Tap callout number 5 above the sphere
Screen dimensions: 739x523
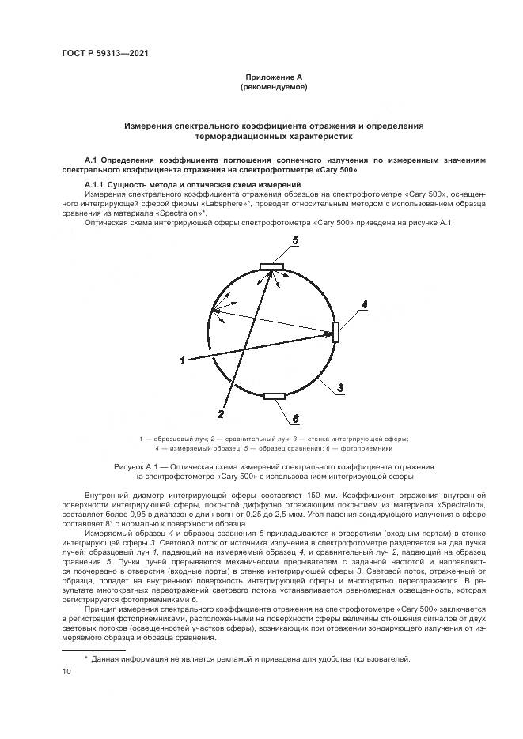294,240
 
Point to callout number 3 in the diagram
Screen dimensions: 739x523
339,387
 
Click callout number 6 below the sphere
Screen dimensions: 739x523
295,417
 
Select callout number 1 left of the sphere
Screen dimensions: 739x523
183,361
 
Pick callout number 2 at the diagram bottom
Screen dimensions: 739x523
222,413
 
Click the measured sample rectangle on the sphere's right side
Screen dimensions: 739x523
336,331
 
